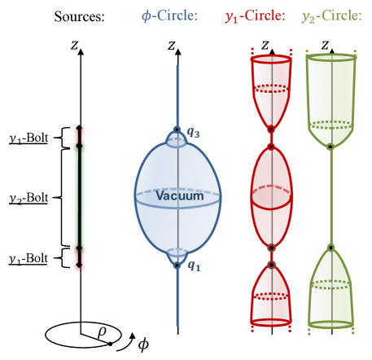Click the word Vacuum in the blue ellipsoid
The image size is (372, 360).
[x=180, y=195]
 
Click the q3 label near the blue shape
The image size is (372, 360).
[x=192, y=132]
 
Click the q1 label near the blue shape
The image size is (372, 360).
[x=192, y=266]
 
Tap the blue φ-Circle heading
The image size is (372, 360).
[x=169, y=15]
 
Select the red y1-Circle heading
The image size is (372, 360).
[x=255, y=15]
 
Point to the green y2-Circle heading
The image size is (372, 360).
[x=331, y=15]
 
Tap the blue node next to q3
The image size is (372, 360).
[x=177, y=130]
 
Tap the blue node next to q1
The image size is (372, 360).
[x=177, y=264]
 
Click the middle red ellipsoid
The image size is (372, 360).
[x=271, y=196]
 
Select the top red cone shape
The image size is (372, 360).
[x=271, y=90]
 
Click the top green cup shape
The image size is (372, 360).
[x=330, y=94]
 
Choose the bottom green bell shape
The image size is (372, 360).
[x=330, y=289]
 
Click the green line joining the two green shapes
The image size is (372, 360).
[x=330, y=195]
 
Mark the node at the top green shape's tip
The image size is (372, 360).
[x=330, y=147]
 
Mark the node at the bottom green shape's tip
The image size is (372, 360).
[x=330, y=247]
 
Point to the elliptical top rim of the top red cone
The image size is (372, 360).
[x=271, y=59]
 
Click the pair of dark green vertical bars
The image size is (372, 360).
[x=80, y=198]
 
